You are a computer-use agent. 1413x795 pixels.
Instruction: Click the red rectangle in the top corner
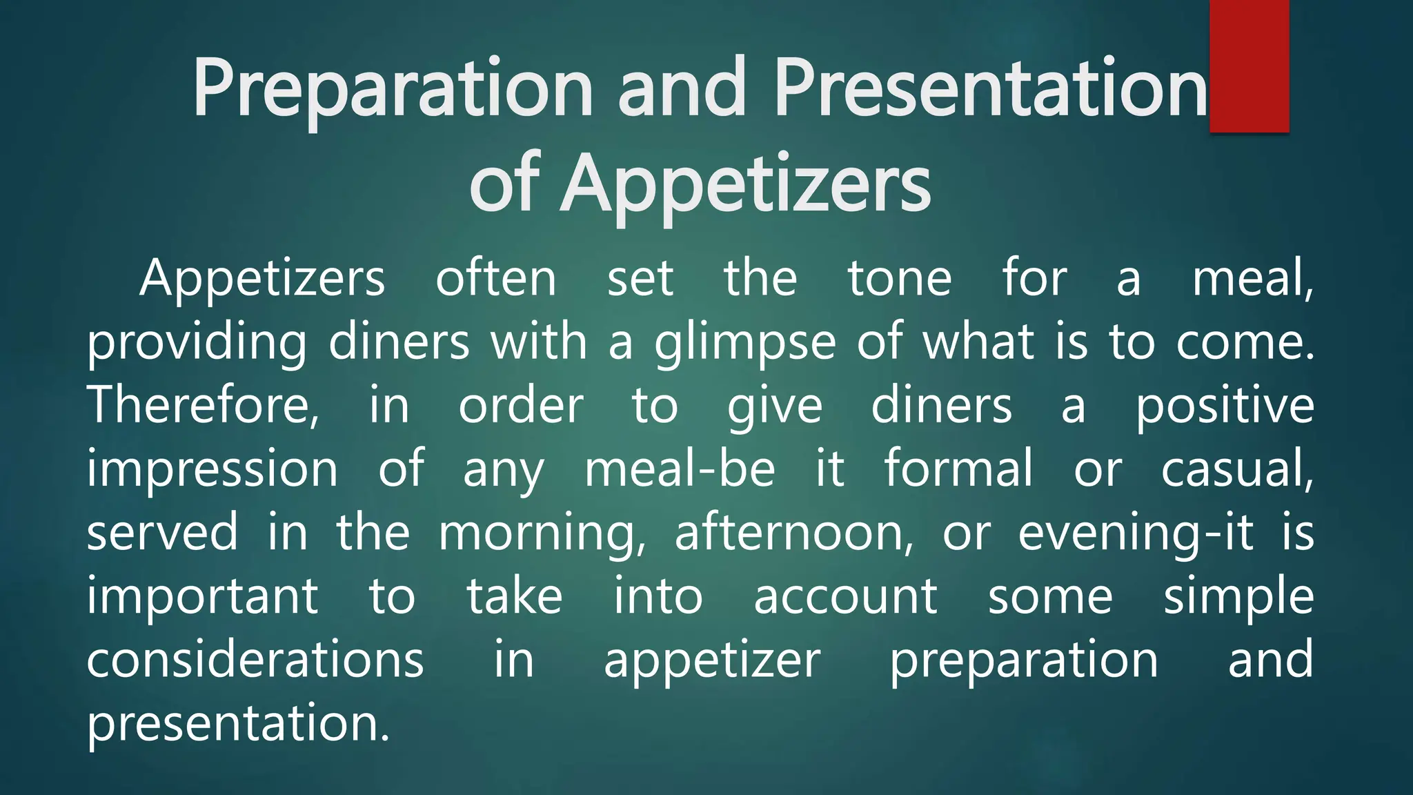pyautogui.click(x=1249, y=66)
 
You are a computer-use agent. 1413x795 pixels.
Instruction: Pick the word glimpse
pyautogui.click(x=745, y=342)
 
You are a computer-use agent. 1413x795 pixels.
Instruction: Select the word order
pyautogui.click(x=521, y=406)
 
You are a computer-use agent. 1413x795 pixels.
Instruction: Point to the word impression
pyautogui.click(x=213, y=469)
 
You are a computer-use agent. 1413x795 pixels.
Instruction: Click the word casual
pyautogui.click(x=1237, y=469)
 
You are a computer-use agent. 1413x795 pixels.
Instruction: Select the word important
pyautogui.click(x=202, y=598)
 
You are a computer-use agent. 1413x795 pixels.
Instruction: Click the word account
pyautogui.click(x=845, y=597)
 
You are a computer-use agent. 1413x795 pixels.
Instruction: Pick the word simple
pyautogui.click(x=1238, y=598)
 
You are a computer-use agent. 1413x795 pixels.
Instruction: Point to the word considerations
pyautogui.click(x=255, y=660)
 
